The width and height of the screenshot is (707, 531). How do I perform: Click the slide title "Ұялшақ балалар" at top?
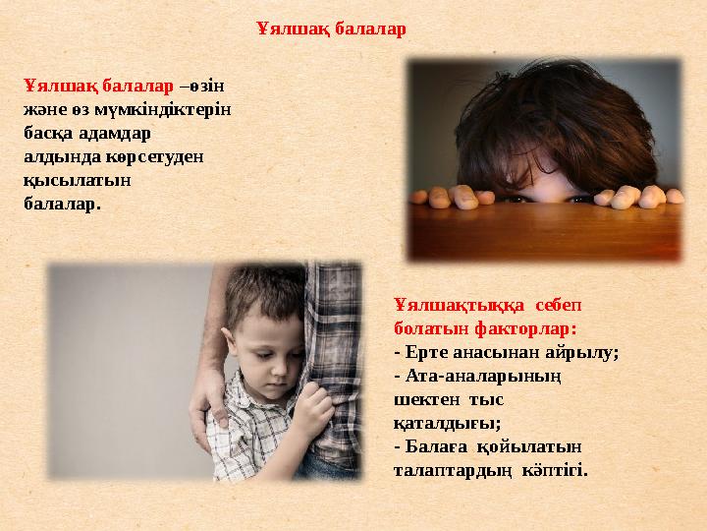click(x=331, y=29)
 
